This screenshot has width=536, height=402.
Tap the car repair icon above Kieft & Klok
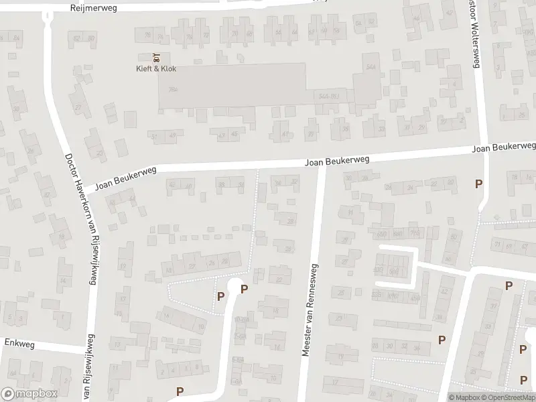155,57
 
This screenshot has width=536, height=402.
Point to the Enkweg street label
19,342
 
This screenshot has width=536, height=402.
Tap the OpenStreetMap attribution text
509,397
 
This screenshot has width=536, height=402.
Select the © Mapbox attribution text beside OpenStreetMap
465,397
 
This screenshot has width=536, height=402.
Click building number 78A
173,89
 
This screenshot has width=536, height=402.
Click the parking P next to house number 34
441,340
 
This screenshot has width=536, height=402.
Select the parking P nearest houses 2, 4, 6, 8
179,391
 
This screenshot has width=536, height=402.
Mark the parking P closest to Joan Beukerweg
478,184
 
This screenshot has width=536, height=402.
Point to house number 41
285,133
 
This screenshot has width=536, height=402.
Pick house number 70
234,33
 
